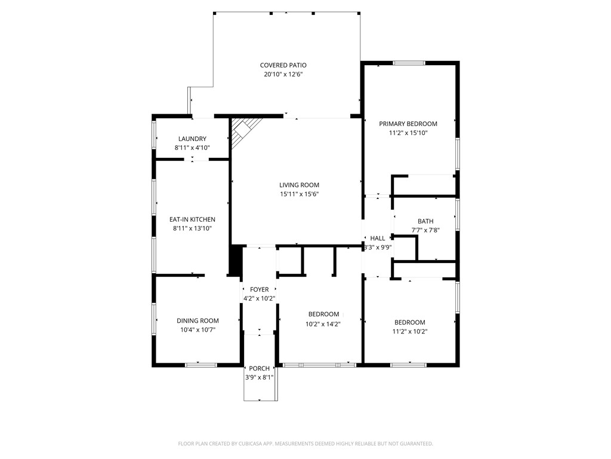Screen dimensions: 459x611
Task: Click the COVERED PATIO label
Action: tap(283, 65)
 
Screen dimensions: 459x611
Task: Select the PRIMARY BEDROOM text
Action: tap(408, 124)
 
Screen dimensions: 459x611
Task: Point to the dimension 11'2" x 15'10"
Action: tap(408, 133)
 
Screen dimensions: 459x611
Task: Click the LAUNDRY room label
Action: tap(192, 139)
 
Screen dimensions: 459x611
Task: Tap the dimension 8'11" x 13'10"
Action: tap(192, 228)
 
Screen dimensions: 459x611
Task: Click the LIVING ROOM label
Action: tap(300, 185)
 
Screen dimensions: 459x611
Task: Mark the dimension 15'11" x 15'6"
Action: tap(300, 194)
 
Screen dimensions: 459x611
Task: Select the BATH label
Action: tap(425, 221)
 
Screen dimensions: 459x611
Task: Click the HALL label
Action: tap(378, 238)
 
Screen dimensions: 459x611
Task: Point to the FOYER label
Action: tap(259, 289)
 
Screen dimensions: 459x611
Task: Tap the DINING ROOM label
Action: tap(198, 320)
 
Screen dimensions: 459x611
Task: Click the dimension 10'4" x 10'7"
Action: tap(198, 329)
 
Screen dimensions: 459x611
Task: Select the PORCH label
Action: tap(259, 368)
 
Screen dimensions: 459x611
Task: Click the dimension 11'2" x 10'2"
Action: tap(409, 331)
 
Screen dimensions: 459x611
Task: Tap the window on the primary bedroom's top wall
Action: tap(409, 63)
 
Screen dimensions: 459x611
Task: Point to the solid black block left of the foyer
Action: tap(236, 260)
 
